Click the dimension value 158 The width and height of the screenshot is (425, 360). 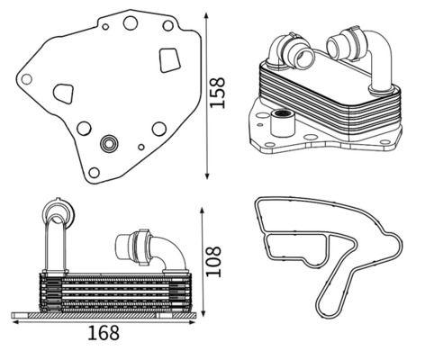(x=217, y=93)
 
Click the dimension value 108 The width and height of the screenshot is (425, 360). (x=213, y=261)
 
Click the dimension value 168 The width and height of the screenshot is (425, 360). (x=104, y=333)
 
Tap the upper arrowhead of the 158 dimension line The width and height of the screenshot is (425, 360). (x=207, y=16)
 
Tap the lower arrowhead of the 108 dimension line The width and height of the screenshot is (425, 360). (x=203, y=312)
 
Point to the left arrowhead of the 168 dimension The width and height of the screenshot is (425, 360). (x=15, y=322)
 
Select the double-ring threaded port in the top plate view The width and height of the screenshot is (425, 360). (x=109, y=143)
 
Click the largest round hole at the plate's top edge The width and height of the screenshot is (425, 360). (x=131, y=22)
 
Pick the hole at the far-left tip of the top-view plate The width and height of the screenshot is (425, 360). (x=27, y=79)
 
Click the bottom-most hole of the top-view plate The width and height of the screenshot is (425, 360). (x=94, y=173)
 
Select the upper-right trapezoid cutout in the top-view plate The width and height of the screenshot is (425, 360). (x=170, y=60)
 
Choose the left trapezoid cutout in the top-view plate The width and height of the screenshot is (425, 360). (x=64, y=94)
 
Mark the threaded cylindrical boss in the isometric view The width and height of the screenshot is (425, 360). (x=282, y=123)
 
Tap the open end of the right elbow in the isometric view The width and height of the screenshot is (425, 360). (x=335, y=46)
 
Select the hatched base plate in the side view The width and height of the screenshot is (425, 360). (x=104, y=315)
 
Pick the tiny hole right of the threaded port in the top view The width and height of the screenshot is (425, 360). (x=141, y=147)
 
